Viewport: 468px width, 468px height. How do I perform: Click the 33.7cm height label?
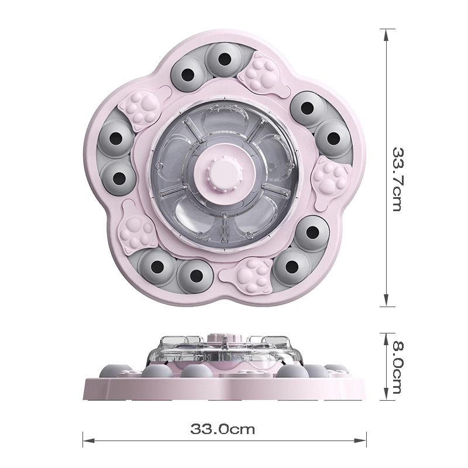click(398, 179)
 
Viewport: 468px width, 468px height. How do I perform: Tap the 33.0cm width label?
click(223, 429)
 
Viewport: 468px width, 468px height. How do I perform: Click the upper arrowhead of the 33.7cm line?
click(386, 35)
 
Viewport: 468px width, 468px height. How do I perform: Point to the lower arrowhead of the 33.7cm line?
click(386, 300)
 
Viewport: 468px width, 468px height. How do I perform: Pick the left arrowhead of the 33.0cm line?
click(89, 441)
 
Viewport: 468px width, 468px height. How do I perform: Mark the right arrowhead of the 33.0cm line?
click(360, 441)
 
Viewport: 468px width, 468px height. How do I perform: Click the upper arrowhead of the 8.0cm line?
click(386, 339)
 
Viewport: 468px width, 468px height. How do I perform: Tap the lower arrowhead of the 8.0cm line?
click(386, 394)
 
